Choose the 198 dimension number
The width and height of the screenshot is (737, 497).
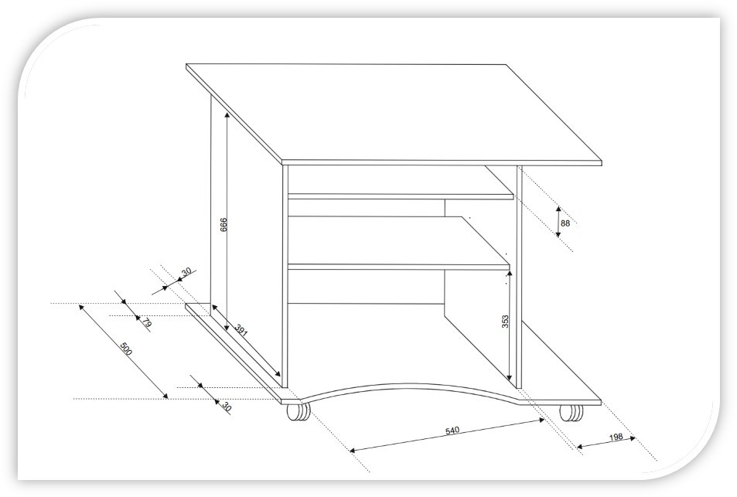pos(616,437)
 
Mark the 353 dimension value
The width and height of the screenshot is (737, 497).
pos(505,322)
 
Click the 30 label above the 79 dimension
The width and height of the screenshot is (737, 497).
pos(186,272)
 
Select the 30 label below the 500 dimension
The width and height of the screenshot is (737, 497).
pos(227,407)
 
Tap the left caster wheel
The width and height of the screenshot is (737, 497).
pos(298,413)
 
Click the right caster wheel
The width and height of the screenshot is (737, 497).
pos(572,413)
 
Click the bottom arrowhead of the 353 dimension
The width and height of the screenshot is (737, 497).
pos(510,378)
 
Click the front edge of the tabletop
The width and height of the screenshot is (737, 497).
pos(442,163)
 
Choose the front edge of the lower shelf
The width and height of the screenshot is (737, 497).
pos(398,267)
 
